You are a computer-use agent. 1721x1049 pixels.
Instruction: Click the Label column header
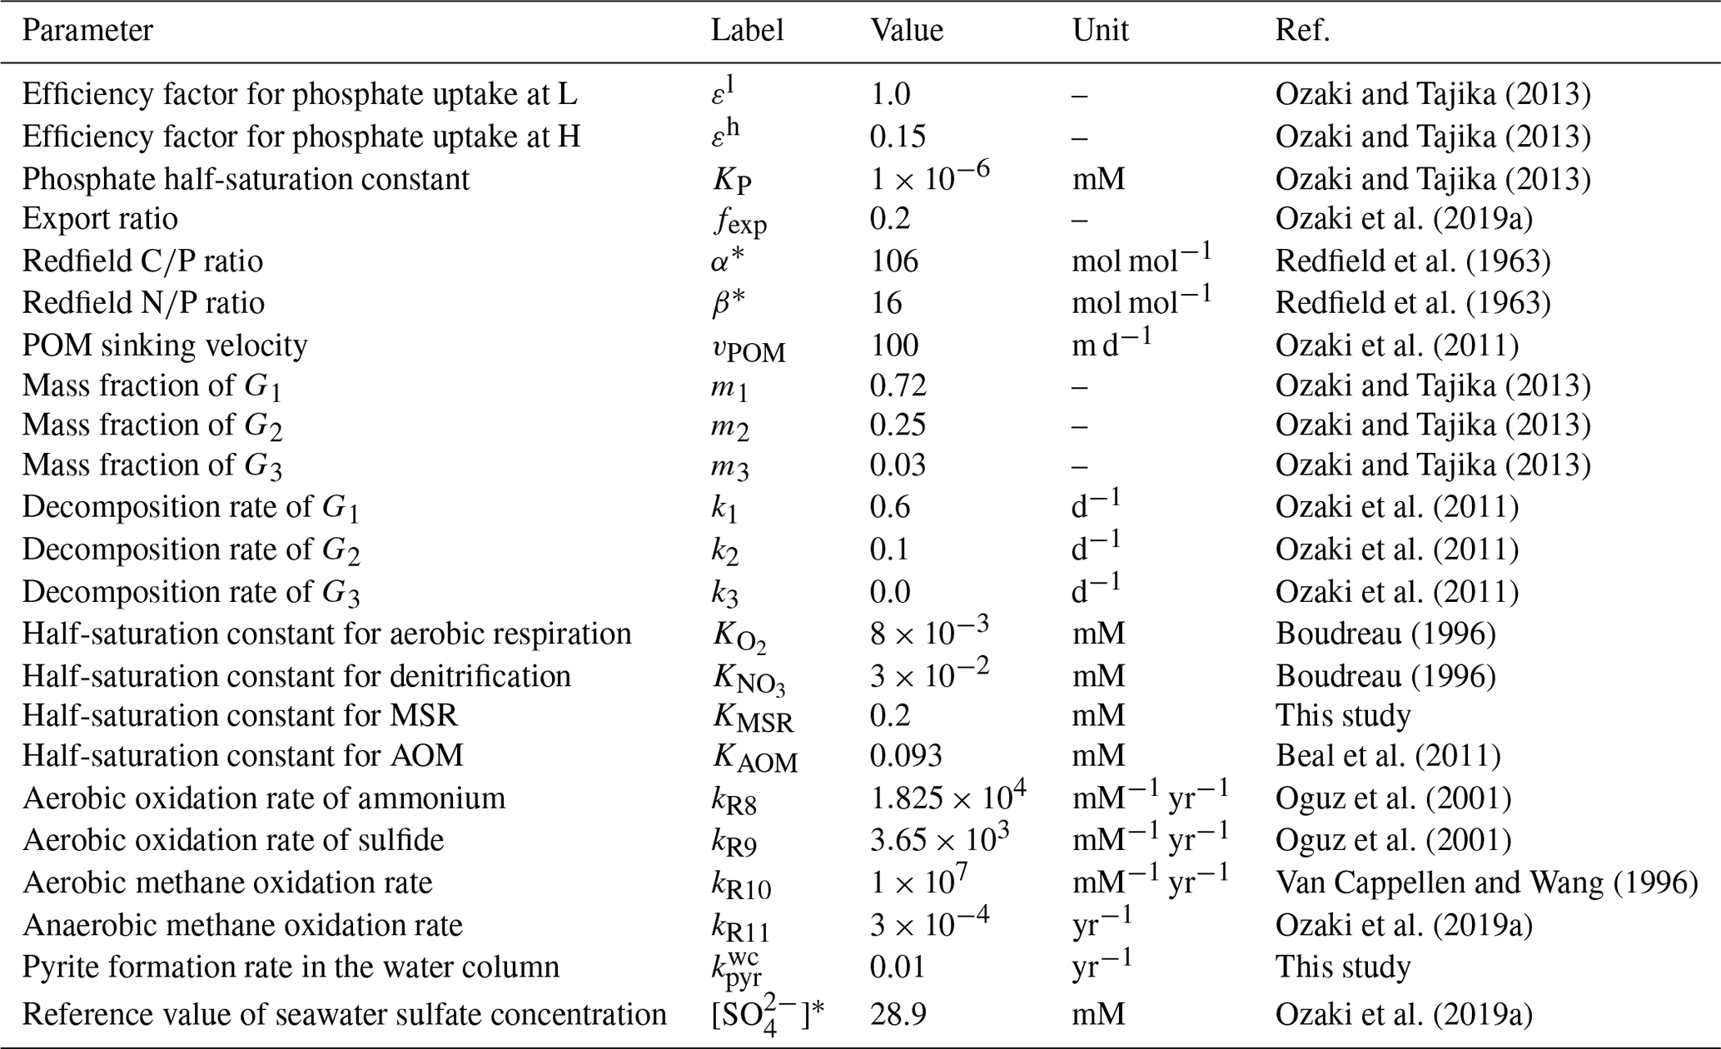pyautogui.click(x=747, y=31)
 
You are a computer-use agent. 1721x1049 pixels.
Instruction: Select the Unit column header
pyautogui.click(x=1100, y=31)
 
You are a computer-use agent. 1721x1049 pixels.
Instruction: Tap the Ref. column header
pyautogui.click(x=1302, y=31)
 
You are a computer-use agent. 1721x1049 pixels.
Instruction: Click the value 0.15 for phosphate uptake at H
pyautogui.click(x=898, y=137)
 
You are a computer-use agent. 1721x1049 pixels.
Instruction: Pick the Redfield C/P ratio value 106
pyautogui.click(x=894, y=261)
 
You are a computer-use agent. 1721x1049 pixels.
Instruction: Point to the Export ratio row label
pyautogui.click(x=100, y=219)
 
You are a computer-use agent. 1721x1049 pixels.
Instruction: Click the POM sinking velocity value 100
pyautogui.click(x=894, y=345)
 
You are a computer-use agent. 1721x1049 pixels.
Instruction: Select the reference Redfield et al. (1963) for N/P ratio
pyautogui.click(x=1412, y=302)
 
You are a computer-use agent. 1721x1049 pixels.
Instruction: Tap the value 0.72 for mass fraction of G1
pyautogui.click(x=898, y=385)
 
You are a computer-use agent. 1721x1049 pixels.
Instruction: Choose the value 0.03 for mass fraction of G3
pyautogui.click(x=898, y=465)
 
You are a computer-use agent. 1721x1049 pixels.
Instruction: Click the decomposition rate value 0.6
pyautogui.click(x=890, y=507)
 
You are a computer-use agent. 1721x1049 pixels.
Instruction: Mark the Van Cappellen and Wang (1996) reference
pyautogui.click(x=1486, y=882)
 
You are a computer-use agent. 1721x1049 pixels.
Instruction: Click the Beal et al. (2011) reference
pyautogui.click(x=1387, y=756)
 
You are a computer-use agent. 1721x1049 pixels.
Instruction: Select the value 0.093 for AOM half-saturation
pyautogui.click(x=906, y=756)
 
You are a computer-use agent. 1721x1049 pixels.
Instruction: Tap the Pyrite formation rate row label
pyautogui.click(x=291, y=967)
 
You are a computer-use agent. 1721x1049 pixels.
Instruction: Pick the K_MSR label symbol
pyautogui.click(x=753, y=718)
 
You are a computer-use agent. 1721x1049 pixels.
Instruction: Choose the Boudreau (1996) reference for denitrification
pyautogui.click(x=1385, y=676)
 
